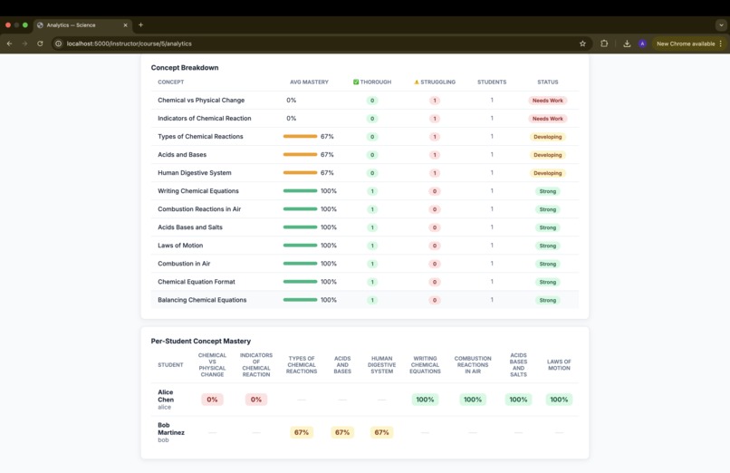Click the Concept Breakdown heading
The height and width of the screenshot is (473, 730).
pos(184,68)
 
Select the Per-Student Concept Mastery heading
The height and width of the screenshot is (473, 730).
pos(200,342)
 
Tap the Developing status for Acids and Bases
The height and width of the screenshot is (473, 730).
pos(547,155)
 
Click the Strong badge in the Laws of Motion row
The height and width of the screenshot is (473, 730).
pos(547,246)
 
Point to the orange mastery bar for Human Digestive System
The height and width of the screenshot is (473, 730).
pos(300,173)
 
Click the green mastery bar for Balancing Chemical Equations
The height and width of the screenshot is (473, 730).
pos(300,300)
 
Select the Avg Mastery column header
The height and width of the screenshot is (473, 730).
pos(309,82)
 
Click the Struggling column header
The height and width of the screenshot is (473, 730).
pos(435,82)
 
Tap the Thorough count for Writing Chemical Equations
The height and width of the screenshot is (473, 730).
pos(372,191)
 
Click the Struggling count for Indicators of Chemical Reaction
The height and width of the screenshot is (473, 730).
pos(435,119)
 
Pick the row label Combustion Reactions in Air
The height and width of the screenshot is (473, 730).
pos(199,209)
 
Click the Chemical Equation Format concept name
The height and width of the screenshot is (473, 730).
pos(197,282)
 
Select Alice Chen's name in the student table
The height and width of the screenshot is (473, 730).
pos(166,396)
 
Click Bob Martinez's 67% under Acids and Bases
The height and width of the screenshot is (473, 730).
pos(342,433)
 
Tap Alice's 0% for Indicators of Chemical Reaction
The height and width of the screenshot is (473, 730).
pos(256,400)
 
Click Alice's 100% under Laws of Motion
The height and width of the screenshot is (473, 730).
pos(559,400)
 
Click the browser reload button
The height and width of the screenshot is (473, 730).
pos(40,43)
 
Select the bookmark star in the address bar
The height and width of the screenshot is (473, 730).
pos(582,43)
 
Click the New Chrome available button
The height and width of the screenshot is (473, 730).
pos(686,43)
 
